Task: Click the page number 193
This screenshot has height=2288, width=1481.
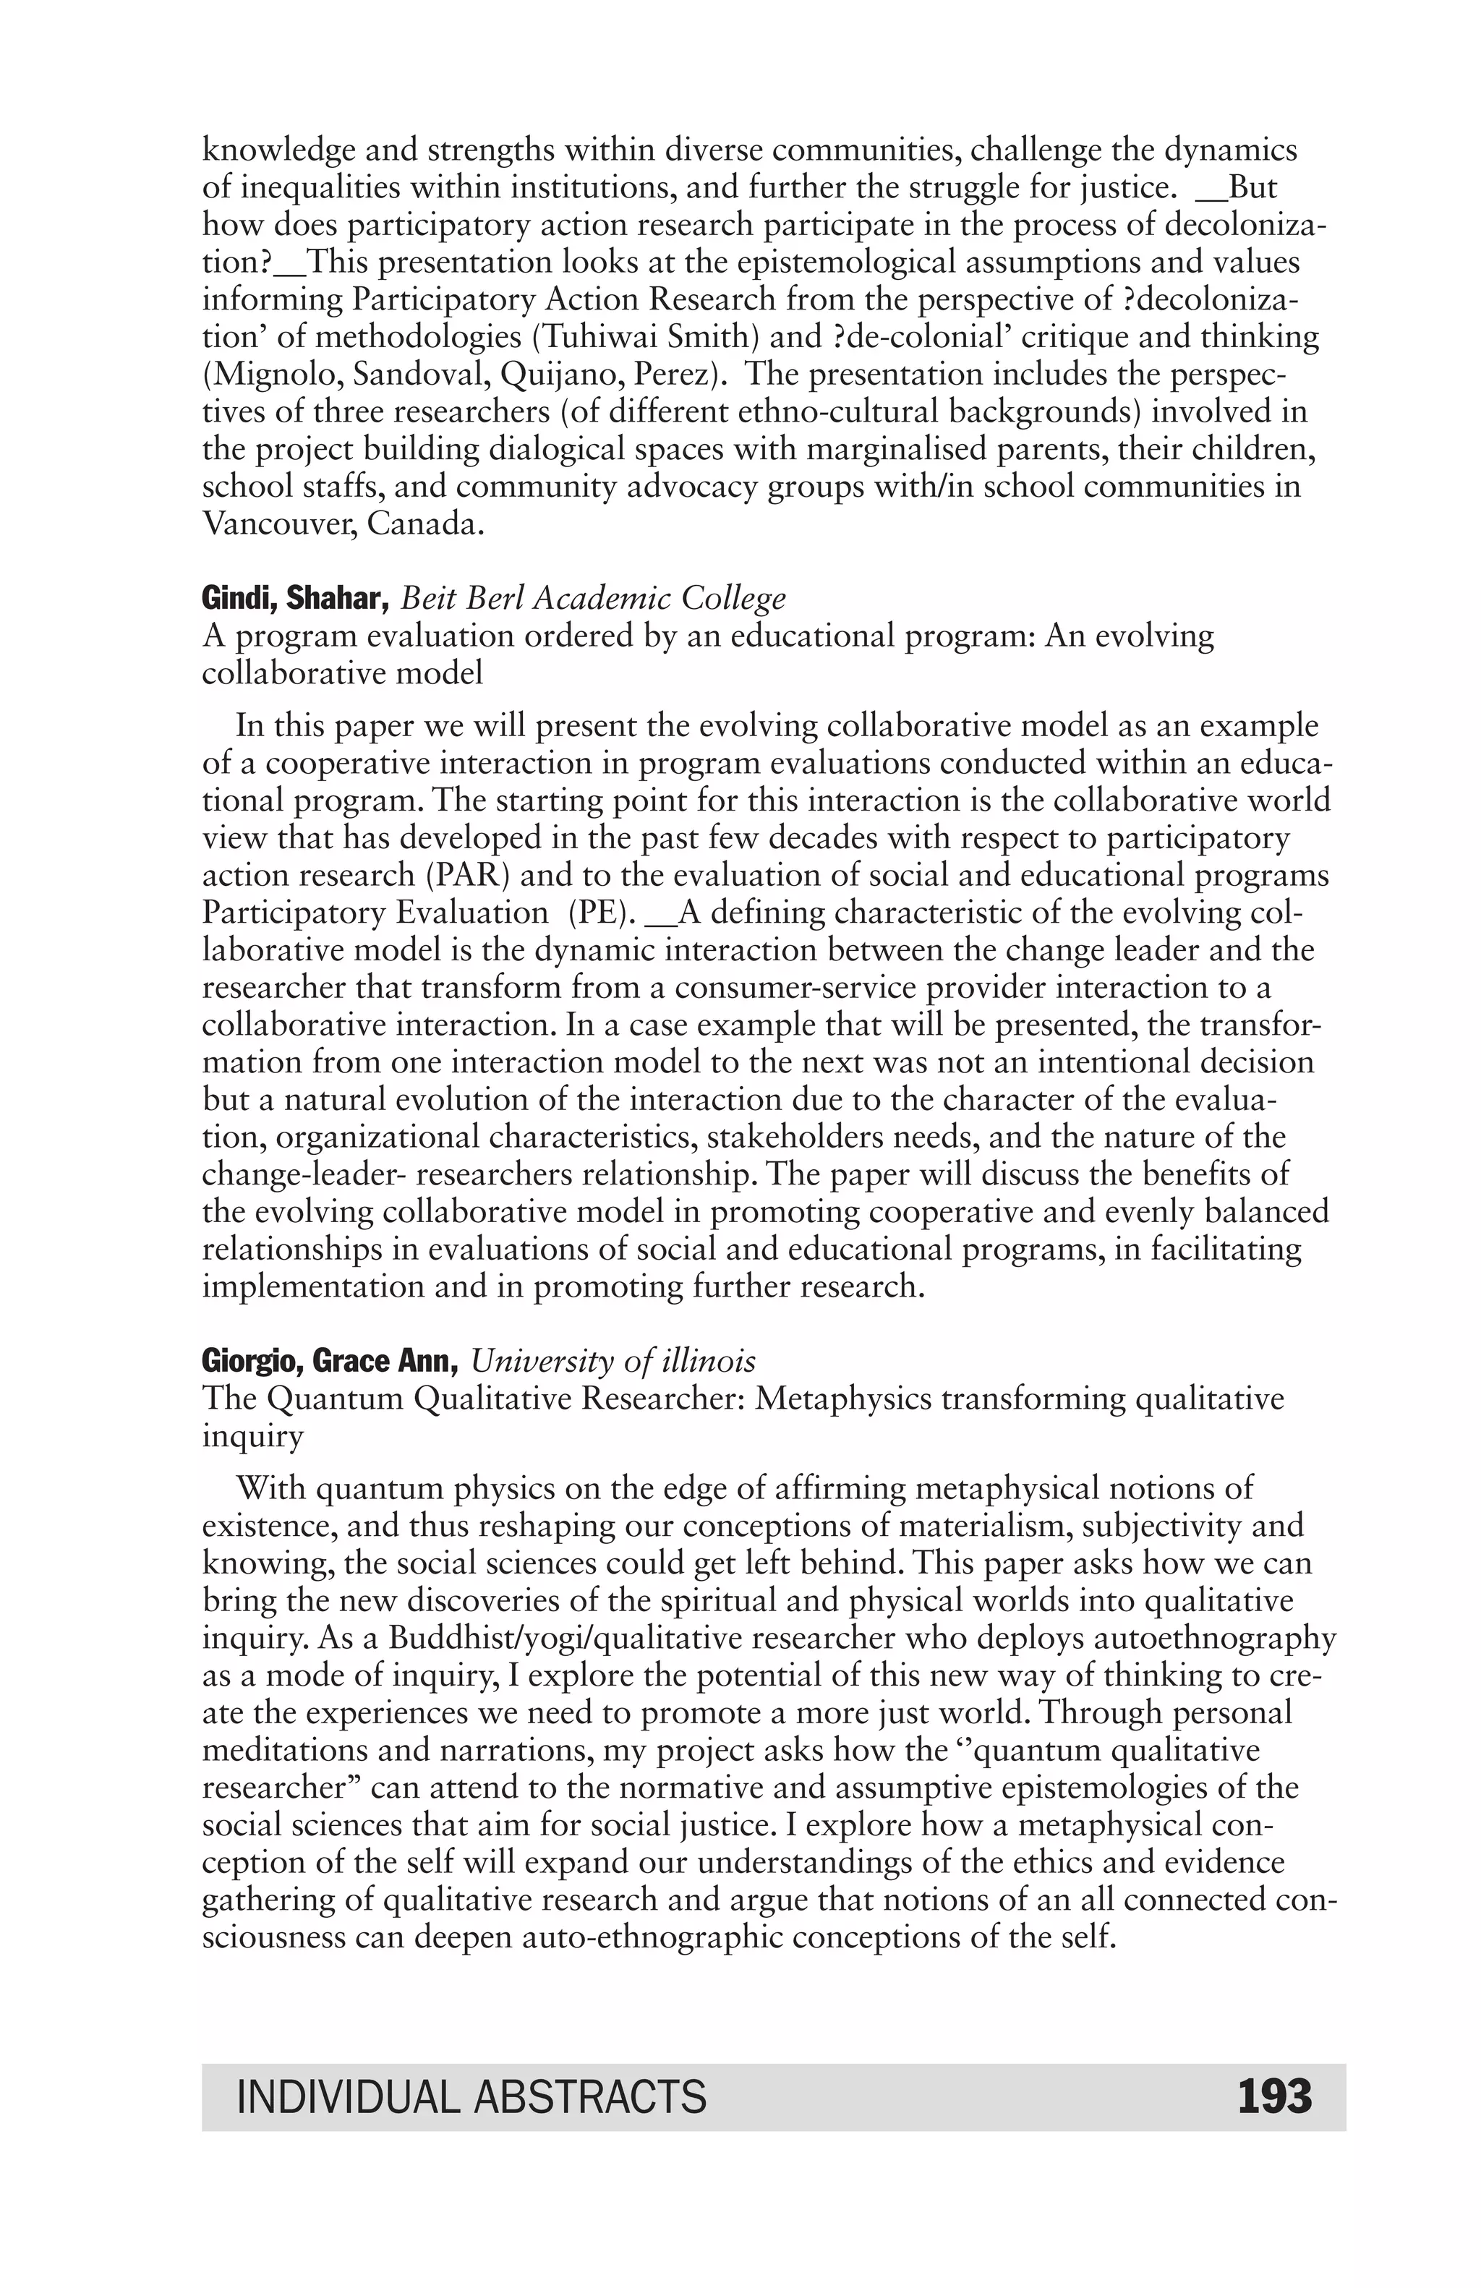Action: (1273, 2096)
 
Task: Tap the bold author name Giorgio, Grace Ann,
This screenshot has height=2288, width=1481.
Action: (330, 1361)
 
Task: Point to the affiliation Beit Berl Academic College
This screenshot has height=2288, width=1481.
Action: (593, 599)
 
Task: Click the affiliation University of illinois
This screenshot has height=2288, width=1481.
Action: (613, 1361)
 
